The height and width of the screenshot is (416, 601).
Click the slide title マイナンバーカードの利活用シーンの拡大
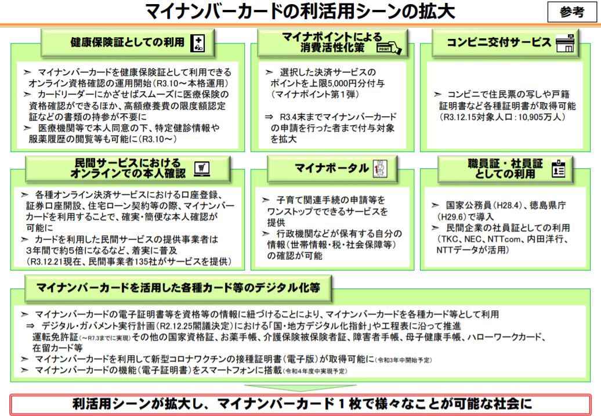(x=299, y=12)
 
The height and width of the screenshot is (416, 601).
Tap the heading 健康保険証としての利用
(x=128, y=42)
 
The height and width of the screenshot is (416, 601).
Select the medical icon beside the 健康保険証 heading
(x=198, y=42)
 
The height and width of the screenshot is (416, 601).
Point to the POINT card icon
(x=388, y=46)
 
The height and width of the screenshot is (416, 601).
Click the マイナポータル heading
(x=331, y=168)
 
